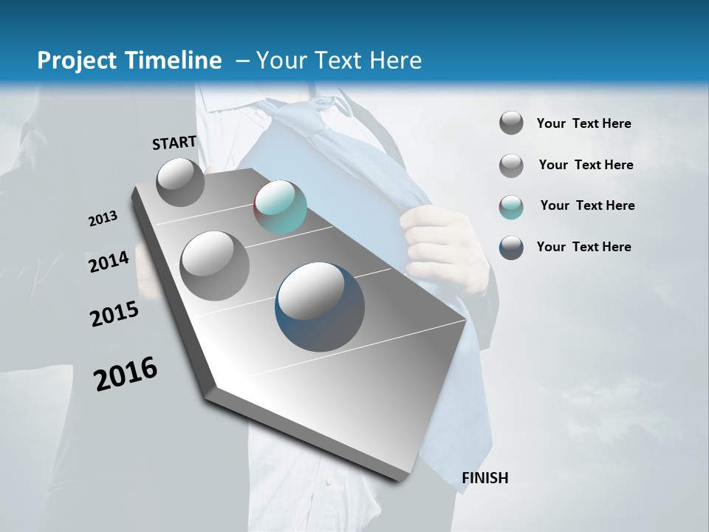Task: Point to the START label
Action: tap(174, 143)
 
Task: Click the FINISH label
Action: tap(484, 478)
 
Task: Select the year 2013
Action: tap(103, 219)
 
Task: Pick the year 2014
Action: tap(109, 262)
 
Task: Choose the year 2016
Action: tap(126, 374)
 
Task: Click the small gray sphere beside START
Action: tap(180, 182)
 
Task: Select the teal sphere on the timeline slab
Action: tap(280, 207)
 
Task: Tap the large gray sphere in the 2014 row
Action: tap(214, 265)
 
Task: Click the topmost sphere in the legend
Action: tap(511, 123)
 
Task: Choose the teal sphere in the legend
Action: tap(511, 207)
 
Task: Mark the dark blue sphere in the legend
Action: tap(511, 248)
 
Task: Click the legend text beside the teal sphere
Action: tap(587, 205)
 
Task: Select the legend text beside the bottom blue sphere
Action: tap(583, 247)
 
